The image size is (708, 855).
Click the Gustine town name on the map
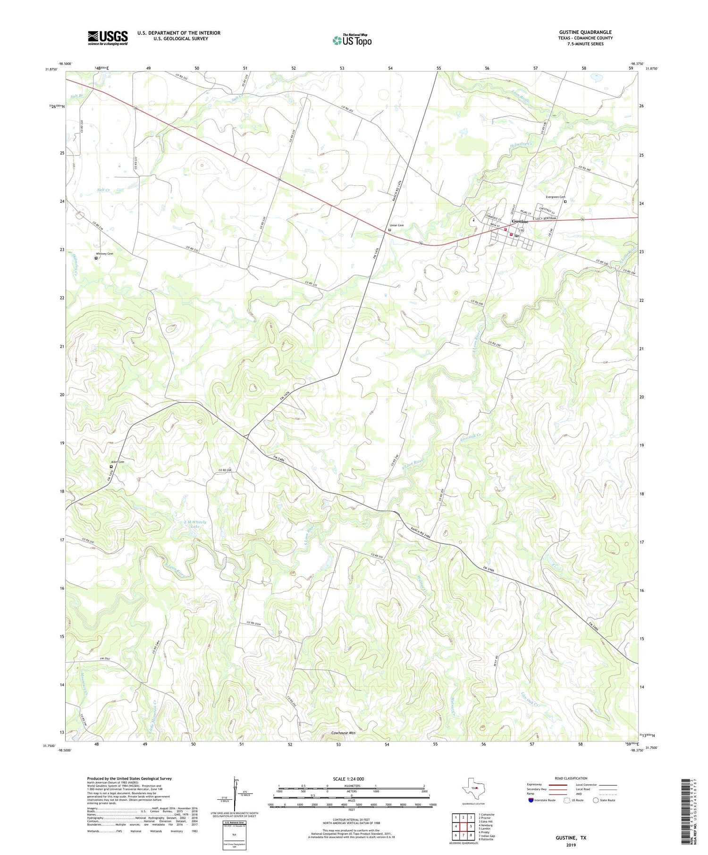[x=520, y=221]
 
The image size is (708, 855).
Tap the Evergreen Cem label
[x=555, y=197]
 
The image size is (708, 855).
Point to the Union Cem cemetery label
[x=396, y=225]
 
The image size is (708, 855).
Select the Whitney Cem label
[x=104, y=254]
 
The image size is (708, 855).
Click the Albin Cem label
[x=118, y=462]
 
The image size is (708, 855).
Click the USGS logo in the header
[x=108, y=38]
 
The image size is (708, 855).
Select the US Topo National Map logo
[x=352, y=40]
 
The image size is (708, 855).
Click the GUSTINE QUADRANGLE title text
[x=585, y=32]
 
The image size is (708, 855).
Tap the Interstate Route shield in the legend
[x=531, y=800]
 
